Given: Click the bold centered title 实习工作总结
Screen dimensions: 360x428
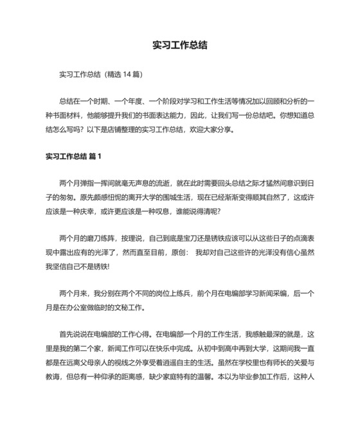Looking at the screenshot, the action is [x=179, y=46].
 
